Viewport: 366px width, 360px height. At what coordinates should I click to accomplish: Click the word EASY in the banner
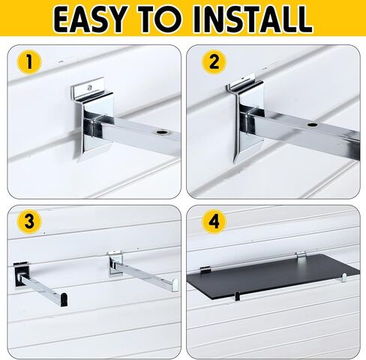pos(89,19)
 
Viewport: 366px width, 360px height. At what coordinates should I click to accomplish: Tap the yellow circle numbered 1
pos(29,62)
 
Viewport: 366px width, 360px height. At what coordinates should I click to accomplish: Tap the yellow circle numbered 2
pos(214,62)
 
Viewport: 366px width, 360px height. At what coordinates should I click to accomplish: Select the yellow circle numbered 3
pos(29,221)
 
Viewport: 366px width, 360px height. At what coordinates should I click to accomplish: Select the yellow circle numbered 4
pos(214,221)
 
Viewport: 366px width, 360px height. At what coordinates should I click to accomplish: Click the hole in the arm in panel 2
pos(311,124)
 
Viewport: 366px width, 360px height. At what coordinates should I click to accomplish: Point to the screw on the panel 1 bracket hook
pos(88,88)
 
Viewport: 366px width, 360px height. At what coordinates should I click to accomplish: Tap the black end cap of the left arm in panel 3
pos(64,298)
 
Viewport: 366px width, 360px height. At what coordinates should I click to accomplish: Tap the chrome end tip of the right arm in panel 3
pos(175,285)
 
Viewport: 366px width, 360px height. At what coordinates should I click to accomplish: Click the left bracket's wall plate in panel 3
pos(22,274)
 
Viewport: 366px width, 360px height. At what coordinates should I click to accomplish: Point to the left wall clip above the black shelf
pos(205,269)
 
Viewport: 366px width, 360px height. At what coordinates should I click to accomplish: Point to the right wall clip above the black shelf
pos(301,255)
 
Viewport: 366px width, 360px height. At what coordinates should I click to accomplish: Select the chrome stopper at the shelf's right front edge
pos(344,278)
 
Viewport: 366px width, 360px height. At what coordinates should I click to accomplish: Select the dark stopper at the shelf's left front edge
pos(237,296)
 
